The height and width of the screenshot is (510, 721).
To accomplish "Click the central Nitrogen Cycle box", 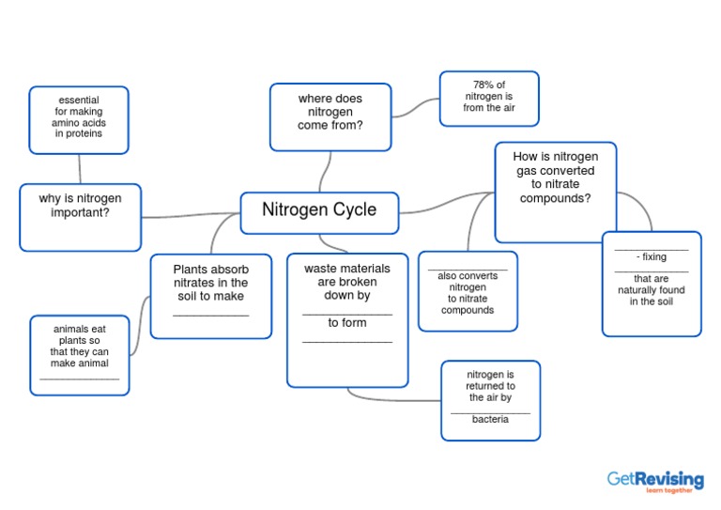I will click(x=319, y=210).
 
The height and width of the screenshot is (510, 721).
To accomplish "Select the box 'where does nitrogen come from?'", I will click(x=330, y=116).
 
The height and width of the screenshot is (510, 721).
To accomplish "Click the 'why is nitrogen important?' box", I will click(x=80, y=216).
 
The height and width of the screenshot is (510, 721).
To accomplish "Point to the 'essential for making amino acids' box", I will click(x=79, y=118).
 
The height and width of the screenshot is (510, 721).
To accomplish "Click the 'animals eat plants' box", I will click(x=80, y=354).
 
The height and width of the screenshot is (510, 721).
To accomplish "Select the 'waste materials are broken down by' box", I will click(x=347, y=319).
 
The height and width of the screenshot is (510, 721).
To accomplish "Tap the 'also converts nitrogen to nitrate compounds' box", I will click(x=468, y=291).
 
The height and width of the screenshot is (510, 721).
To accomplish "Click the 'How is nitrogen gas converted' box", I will click(x=555, y=192).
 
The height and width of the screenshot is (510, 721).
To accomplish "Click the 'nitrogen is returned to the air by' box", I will click(x=490, y=400).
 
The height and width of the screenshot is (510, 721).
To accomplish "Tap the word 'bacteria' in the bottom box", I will click(x=490, y=420).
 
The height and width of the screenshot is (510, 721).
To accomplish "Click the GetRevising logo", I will click(x=654, y=480).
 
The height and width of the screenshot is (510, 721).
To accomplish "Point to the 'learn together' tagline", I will click(x=669, y=491).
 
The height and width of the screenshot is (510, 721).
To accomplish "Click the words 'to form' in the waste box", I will click(x=346, y=323).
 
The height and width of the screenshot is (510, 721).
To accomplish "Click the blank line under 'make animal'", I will click(x=80, y=379).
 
